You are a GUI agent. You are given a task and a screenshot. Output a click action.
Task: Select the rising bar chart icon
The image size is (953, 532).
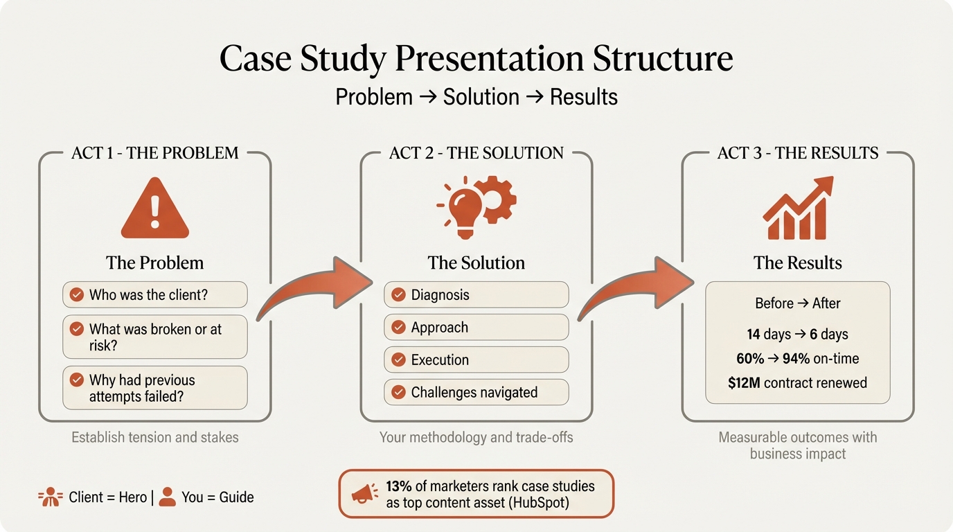coord(798,208)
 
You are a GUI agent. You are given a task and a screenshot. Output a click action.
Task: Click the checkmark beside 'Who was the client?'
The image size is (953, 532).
coord(77,295)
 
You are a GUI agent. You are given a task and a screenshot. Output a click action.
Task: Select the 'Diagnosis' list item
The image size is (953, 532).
coord(476,295)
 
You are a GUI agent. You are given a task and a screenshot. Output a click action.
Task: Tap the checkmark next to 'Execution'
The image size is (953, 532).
coord(398,360)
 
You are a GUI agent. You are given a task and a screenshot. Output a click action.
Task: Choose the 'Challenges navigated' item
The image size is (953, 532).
coord(476,393)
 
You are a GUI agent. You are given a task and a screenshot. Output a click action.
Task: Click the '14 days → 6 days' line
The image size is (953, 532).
coord(797,335)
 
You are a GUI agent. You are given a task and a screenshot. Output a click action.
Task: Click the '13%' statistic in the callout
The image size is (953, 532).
coord(399,486)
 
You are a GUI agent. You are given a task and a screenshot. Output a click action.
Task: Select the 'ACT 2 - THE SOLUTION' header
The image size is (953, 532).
coord(476,153)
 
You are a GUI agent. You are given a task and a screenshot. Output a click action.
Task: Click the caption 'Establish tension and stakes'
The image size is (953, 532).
coord(154,438)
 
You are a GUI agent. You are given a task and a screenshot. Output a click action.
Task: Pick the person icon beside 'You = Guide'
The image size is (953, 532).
coord(167,497)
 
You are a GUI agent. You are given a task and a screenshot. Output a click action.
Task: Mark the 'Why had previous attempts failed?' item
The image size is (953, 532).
coord(154,388)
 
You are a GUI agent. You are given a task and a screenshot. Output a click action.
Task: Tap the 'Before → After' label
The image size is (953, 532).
coord(797,303)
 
